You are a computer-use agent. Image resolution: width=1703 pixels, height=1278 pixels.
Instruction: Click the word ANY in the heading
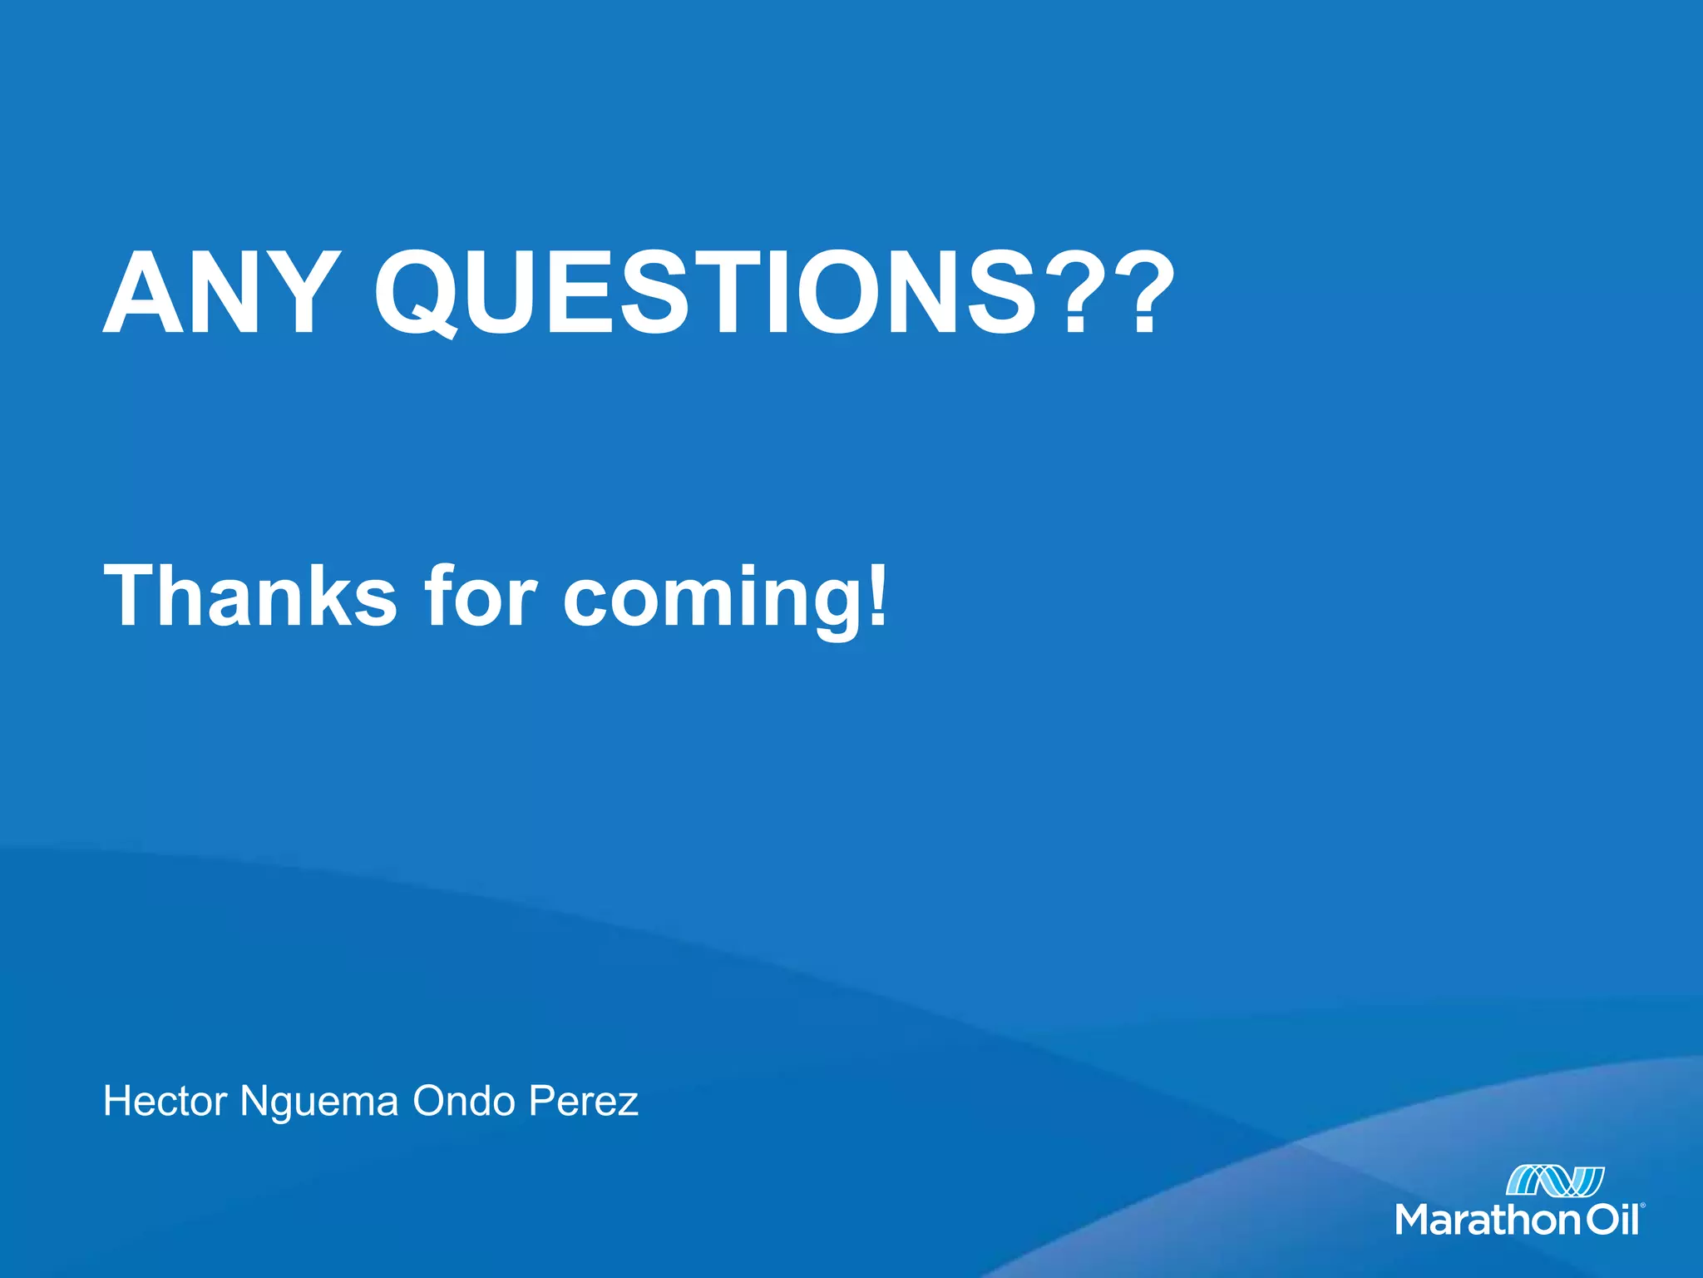pos(221,294)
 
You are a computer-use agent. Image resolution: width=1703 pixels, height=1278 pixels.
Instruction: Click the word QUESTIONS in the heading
pos(705,294)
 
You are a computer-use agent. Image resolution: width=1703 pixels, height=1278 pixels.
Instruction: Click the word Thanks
pos(250,596)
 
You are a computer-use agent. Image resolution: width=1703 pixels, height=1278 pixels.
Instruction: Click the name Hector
pos(165,1101)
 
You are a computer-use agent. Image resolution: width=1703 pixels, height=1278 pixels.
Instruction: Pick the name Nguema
pos(319,1102)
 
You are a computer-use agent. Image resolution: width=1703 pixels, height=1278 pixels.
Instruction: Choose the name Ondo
pos(464,1101)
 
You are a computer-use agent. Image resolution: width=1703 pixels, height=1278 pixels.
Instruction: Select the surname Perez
pos(584,1101)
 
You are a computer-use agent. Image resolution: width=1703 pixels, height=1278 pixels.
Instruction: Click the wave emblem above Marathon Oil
pos(1555,1181)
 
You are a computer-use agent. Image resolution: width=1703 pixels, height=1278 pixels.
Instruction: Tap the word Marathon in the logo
pos(1488,1221)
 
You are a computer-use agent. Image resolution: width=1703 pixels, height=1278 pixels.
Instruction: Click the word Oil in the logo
pos(1612,1221)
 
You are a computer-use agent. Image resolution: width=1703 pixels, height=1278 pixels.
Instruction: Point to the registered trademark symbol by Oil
pos(1642,1205)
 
